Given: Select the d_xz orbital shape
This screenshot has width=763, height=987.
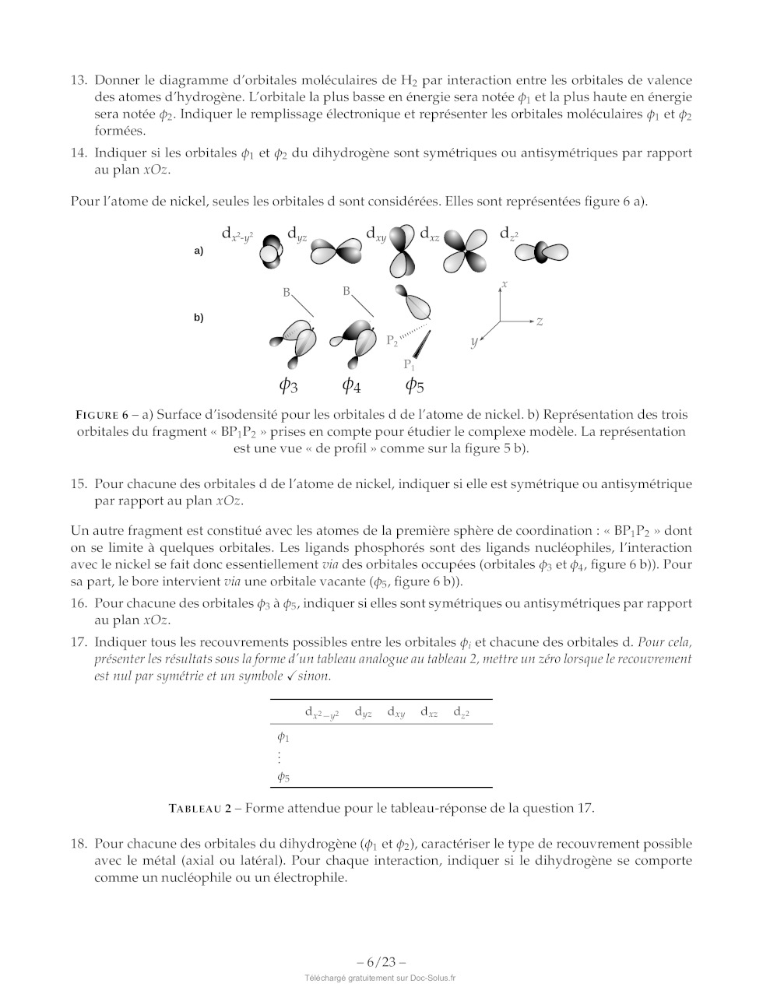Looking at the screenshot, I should point(465,252).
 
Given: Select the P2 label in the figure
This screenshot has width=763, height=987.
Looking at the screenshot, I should point(392,340).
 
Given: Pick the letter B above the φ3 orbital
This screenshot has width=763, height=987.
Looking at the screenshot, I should point(287,293).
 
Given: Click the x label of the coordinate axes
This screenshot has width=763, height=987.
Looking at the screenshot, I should point(505,285).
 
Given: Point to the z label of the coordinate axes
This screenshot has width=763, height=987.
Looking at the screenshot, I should point(540,321).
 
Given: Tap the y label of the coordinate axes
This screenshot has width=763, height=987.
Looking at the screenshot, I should point(473,342).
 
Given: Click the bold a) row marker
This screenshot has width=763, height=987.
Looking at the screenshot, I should point(199,251).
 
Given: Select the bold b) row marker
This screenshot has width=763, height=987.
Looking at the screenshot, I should point(199,318).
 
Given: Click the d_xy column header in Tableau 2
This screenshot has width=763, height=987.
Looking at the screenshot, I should point(396,712).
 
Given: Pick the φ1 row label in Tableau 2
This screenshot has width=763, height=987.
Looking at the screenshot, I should point(283,736).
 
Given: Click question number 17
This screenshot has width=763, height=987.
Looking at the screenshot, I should point(78,643).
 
